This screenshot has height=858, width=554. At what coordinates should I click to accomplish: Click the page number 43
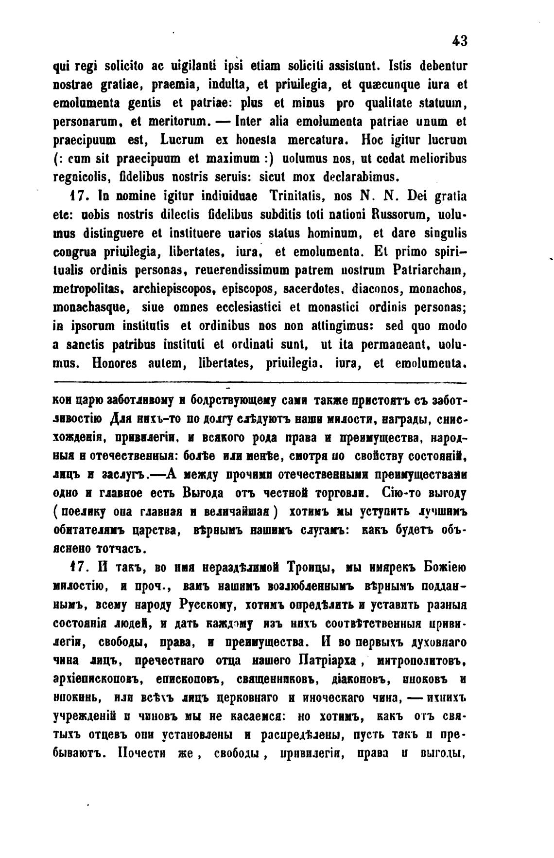[459, 41]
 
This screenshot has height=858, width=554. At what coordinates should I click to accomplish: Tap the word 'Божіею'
[445, 568]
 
